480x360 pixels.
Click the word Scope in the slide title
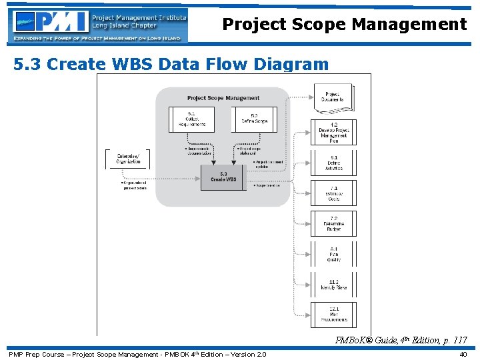[323, 25]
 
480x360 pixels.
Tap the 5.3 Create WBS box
[223, 177]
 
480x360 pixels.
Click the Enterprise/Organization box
[128, 159]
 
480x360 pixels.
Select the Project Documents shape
[333, 97]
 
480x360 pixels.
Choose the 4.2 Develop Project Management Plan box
[333, 133]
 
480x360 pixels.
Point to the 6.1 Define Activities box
[333, 163]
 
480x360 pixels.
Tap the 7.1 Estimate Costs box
[333, 193]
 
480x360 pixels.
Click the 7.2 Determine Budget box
[333, 223]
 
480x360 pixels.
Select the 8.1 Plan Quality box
[333, 254]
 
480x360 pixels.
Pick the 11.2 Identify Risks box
[333, 285]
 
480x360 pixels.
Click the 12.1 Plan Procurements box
[333, 315]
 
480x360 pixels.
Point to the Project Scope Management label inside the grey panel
[223, 98]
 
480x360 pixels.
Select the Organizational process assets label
[129, 185]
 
